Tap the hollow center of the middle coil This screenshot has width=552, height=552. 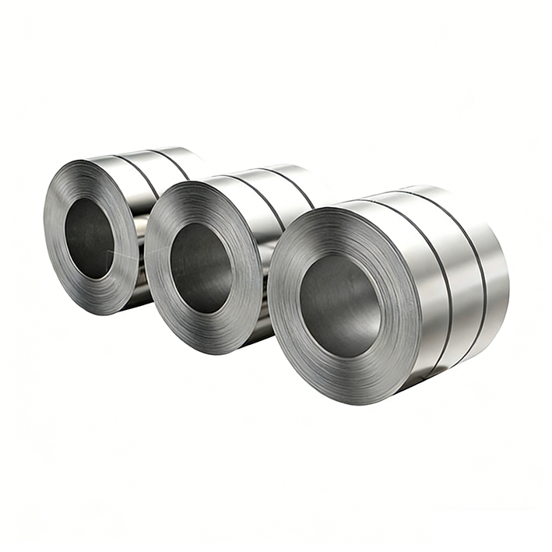pyautogui.click(x=200, y=269)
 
